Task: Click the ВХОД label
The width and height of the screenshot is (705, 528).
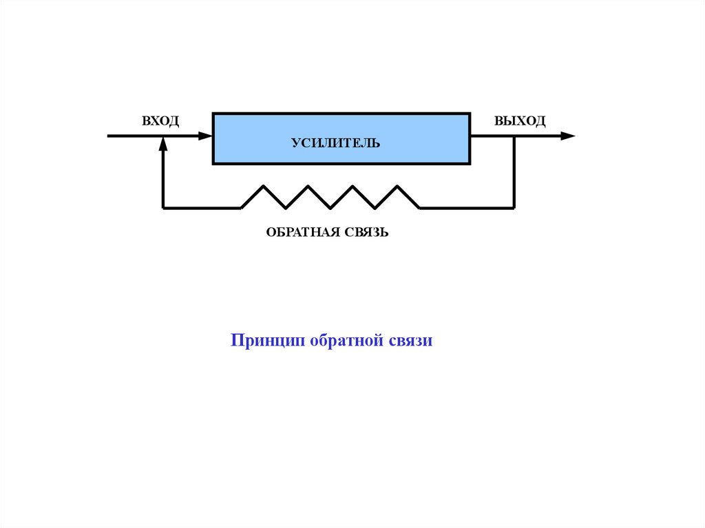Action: point(160,121)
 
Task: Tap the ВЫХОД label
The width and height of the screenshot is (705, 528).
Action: point(520,121)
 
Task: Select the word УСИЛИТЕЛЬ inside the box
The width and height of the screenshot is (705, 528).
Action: point(335,143)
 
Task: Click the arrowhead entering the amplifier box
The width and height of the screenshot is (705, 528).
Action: point(206,136)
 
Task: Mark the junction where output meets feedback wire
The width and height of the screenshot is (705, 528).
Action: point(514,136)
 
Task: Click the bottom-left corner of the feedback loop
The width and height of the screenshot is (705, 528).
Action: point(162,207)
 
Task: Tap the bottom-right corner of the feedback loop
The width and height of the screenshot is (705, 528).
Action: point(514,207)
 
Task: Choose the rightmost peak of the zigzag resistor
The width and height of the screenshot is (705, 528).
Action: point(397,187)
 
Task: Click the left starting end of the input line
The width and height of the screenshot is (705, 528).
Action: point(109,136)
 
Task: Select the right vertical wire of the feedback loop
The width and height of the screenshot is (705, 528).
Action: point(514,172)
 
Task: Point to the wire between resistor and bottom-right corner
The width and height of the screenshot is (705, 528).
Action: point(467,207)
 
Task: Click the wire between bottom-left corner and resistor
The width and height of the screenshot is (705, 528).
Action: point(202,207)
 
